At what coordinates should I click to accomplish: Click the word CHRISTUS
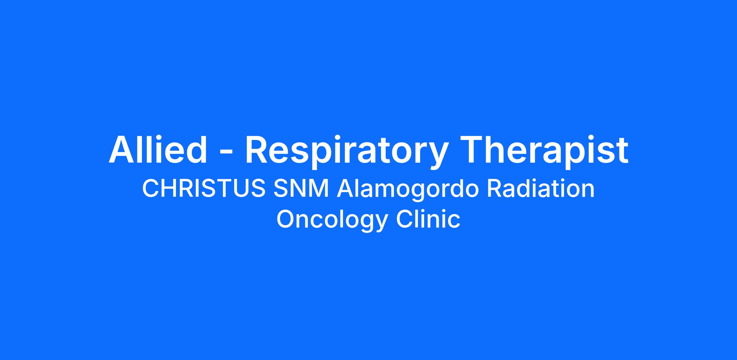204,188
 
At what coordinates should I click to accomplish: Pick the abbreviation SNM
301,188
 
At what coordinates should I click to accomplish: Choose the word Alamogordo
408,190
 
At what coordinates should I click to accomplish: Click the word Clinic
428,219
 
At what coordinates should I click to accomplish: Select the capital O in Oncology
286,219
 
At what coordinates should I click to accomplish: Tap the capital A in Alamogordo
345,189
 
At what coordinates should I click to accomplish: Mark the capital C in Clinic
404,219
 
